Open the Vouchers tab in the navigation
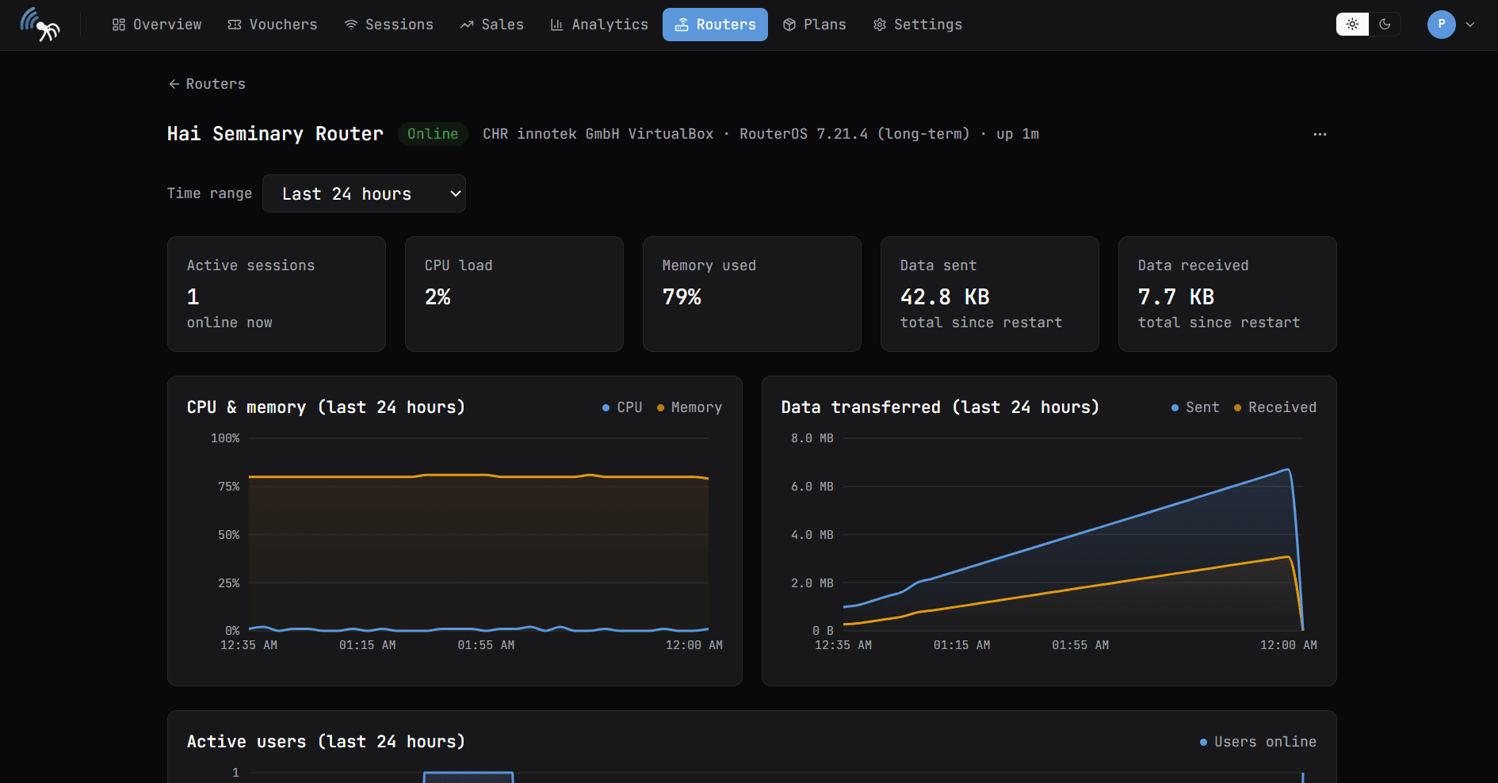[x=272, y=25]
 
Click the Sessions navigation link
[x=388, y=25]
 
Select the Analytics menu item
[x=599, y=25]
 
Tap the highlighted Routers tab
[x=715, y=25]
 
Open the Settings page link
[x=917, y=25]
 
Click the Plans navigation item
[x=814, y=25]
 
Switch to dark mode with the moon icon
[x=1385, y=25]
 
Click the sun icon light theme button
[x=1352, y=25]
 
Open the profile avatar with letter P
[x=1441, y=25]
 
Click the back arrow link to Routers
[x=207, y=84]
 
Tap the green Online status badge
[x=433, y=134]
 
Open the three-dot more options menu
[x=1320, y=134]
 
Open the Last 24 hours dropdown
[x=364, y=193]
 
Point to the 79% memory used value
[x=682, y=297]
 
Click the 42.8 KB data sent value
[x=945, y=297]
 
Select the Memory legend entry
[x=689, y=407]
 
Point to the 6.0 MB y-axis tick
[x=812, y=487]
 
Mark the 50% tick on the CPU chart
[x=228, y=535]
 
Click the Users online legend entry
[x=1258, y=742]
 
